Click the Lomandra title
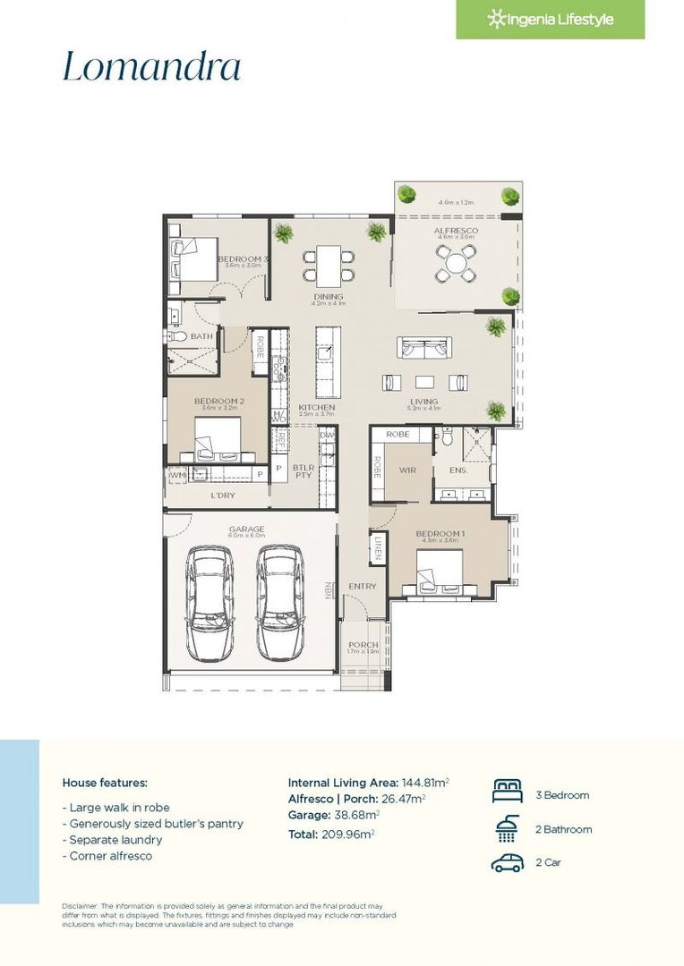coord(151,68)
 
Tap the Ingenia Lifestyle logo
coord(550,20)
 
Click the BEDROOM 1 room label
coord(437,534)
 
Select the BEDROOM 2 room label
coord(218,402)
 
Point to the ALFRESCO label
coord(456,231)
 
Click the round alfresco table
coord(457,263)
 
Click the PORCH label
coord(363,644)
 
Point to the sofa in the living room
coord(424,349)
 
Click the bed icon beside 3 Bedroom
coord(507,793)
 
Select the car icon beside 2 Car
coord(507,863)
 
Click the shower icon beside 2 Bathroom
coord(507,829)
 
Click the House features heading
coord(105,782)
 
